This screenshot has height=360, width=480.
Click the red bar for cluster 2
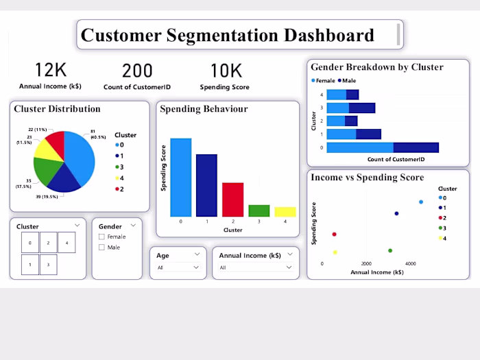pos(232,200)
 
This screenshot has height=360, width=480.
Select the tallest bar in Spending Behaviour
pos(180,178)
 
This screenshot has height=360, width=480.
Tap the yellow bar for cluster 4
pos(285,212)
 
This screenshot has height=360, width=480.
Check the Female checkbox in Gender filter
pos(102,237)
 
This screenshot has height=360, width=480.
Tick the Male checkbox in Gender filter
pos(102,247)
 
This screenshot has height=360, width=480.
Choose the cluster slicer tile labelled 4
pos(66,243)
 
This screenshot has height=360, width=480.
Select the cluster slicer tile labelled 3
pos(48,265)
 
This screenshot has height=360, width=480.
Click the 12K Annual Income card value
pos(51,70)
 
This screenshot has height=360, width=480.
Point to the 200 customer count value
pos(137,70)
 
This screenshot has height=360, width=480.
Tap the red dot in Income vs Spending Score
pos(334,235)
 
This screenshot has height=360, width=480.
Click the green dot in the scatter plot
pos(390,251)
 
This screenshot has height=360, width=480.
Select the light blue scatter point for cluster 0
pos(421,202)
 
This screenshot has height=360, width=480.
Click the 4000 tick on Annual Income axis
pos(410,264)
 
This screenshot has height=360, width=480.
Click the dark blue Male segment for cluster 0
pos(416,147)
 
